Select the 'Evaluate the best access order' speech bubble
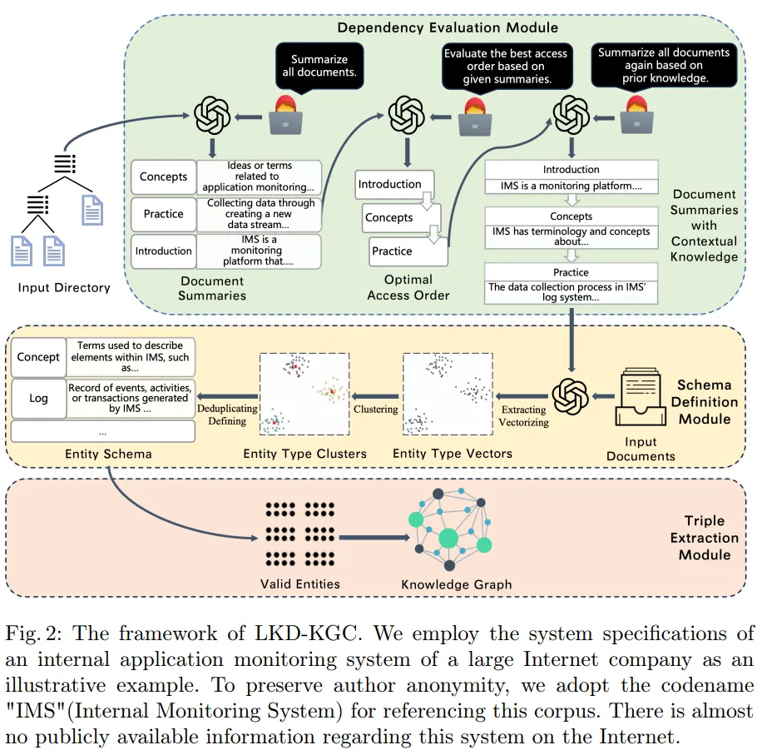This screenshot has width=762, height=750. [x=505, y=66]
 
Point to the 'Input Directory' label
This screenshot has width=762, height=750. [x=64, y=288]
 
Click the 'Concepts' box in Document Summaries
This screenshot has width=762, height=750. [x=163, y=176]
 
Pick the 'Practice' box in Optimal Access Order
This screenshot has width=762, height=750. [x=392, y=251]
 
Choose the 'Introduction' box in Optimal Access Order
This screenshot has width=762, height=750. [x=389, y=184]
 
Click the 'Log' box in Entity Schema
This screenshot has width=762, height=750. [x=38, y=398]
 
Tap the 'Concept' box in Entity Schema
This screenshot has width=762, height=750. [x=38, y=357]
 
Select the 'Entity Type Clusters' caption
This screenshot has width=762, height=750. [x=304, y=454]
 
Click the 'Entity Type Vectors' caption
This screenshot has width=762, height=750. [x=452, y=454]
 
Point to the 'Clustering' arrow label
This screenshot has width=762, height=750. [x=376, y=410]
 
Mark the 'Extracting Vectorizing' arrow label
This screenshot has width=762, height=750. [x=524, y=416]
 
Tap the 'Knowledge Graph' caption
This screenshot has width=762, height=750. [x=457, y=584]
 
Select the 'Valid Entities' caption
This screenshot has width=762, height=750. [x=299, y=584]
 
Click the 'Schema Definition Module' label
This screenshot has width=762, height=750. [x=705, y=402]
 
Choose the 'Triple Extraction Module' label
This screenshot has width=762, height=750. [x=704, y=538]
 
